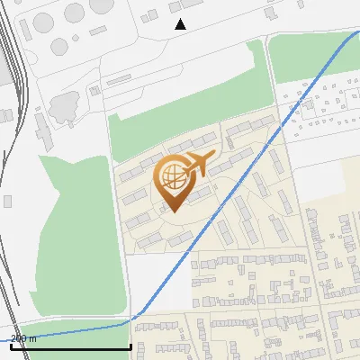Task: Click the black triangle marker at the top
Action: [180, 24]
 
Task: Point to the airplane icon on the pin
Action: [199, 164]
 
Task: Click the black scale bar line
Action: [71, 346]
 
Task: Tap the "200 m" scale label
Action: [24, 338]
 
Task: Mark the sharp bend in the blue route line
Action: [135, 318]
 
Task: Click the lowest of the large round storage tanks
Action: [60, 46]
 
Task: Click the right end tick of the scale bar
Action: [131, 346]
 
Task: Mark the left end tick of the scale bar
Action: [11, 346]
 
